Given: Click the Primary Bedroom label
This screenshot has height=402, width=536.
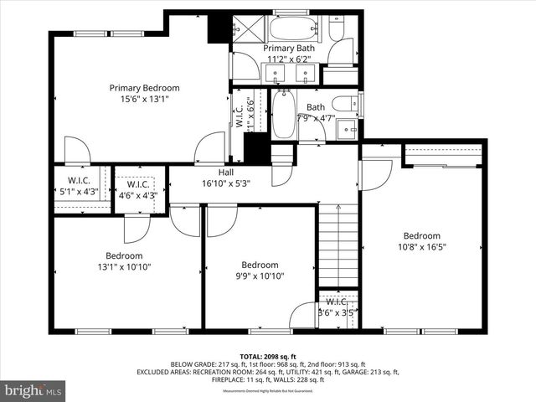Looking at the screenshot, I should tap(144, 88).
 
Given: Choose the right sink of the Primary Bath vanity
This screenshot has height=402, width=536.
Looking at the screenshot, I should tap(305, 74).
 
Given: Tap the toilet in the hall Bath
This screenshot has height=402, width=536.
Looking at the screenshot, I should tap(344, 105).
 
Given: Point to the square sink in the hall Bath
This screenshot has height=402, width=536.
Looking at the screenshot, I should tap(347, 128).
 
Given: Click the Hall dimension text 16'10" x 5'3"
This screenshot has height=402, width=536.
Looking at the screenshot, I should tap(226, 183).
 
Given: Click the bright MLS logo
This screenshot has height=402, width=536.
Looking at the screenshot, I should tap(33, 390).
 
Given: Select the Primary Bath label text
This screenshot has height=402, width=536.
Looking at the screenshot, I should tap(291, 49).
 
